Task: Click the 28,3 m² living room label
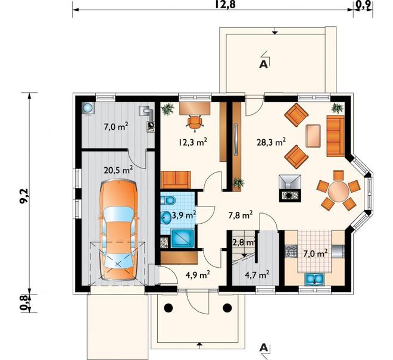[x=271, y=142]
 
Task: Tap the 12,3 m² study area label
[x=193, y=142]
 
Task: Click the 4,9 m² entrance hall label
[x=198, y=275]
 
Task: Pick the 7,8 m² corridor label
[x=241, y=215]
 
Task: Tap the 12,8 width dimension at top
[x=225, y=4]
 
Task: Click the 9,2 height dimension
[x=26, y=196]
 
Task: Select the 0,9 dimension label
[x=363, y=5]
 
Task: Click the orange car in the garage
[x=118, y=230]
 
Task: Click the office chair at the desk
[x=195, y=121]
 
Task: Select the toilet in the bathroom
[x=168, y=201]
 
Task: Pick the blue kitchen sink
[x=314, y=279]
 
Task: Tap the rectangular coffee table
[x=313, y=136]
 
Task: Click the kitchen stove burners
[x=291, y=251]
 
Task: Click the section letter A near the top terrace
[x=263, y=64]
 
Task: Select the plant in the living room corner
[x=337, y=108]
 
